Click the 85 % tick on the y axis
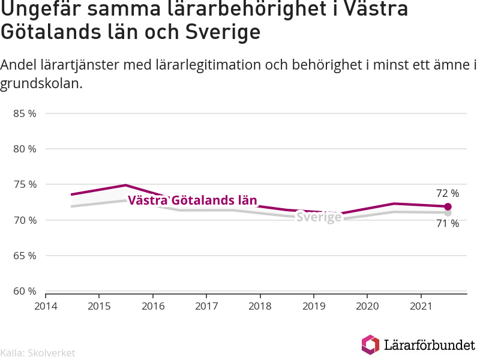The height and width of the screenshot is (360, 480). point(25,113)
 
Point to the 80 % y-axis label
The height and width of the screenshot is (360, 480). point(25,149)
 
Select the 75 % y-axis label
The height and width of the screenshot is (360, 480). point(25,185)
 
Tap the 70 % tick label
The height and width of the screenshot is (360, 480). point(25,220)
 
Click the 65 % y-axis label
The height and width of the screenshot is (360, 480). point(25,256)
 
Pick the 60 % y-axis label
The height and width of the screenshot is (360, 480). point(25,291)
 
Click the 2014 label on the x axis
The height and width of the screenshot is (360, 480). point(46,306)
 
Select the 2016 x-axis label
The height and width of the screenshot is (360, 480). point(153,306)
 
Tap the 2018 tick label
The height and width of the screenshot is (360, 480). point(260,306)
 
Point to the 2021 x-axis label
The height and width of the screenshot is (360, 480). point(421,306)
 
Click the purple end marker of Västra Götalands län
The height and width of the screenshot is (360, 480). point(448,206)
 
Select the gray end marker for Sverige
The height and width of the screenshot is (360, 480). point(448,213)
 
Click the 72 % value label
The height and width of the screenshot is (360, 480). point(448,193)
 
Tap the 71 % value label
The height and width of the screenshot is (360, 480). point(448,224)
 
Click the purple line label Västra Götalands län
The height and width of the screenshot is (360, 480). point(192,200)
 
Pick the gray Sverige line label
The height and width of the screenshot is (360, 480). point(319,217)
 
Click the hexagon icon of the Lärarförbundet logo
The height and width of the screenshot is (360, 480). point(370,344)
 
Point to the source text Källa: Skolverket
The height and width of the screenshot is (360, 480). point(38,353)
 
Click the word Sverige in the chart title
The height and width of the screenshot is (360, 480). point(223,32)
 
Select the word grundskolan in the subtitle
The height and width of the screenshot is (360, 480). point(41,83)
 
